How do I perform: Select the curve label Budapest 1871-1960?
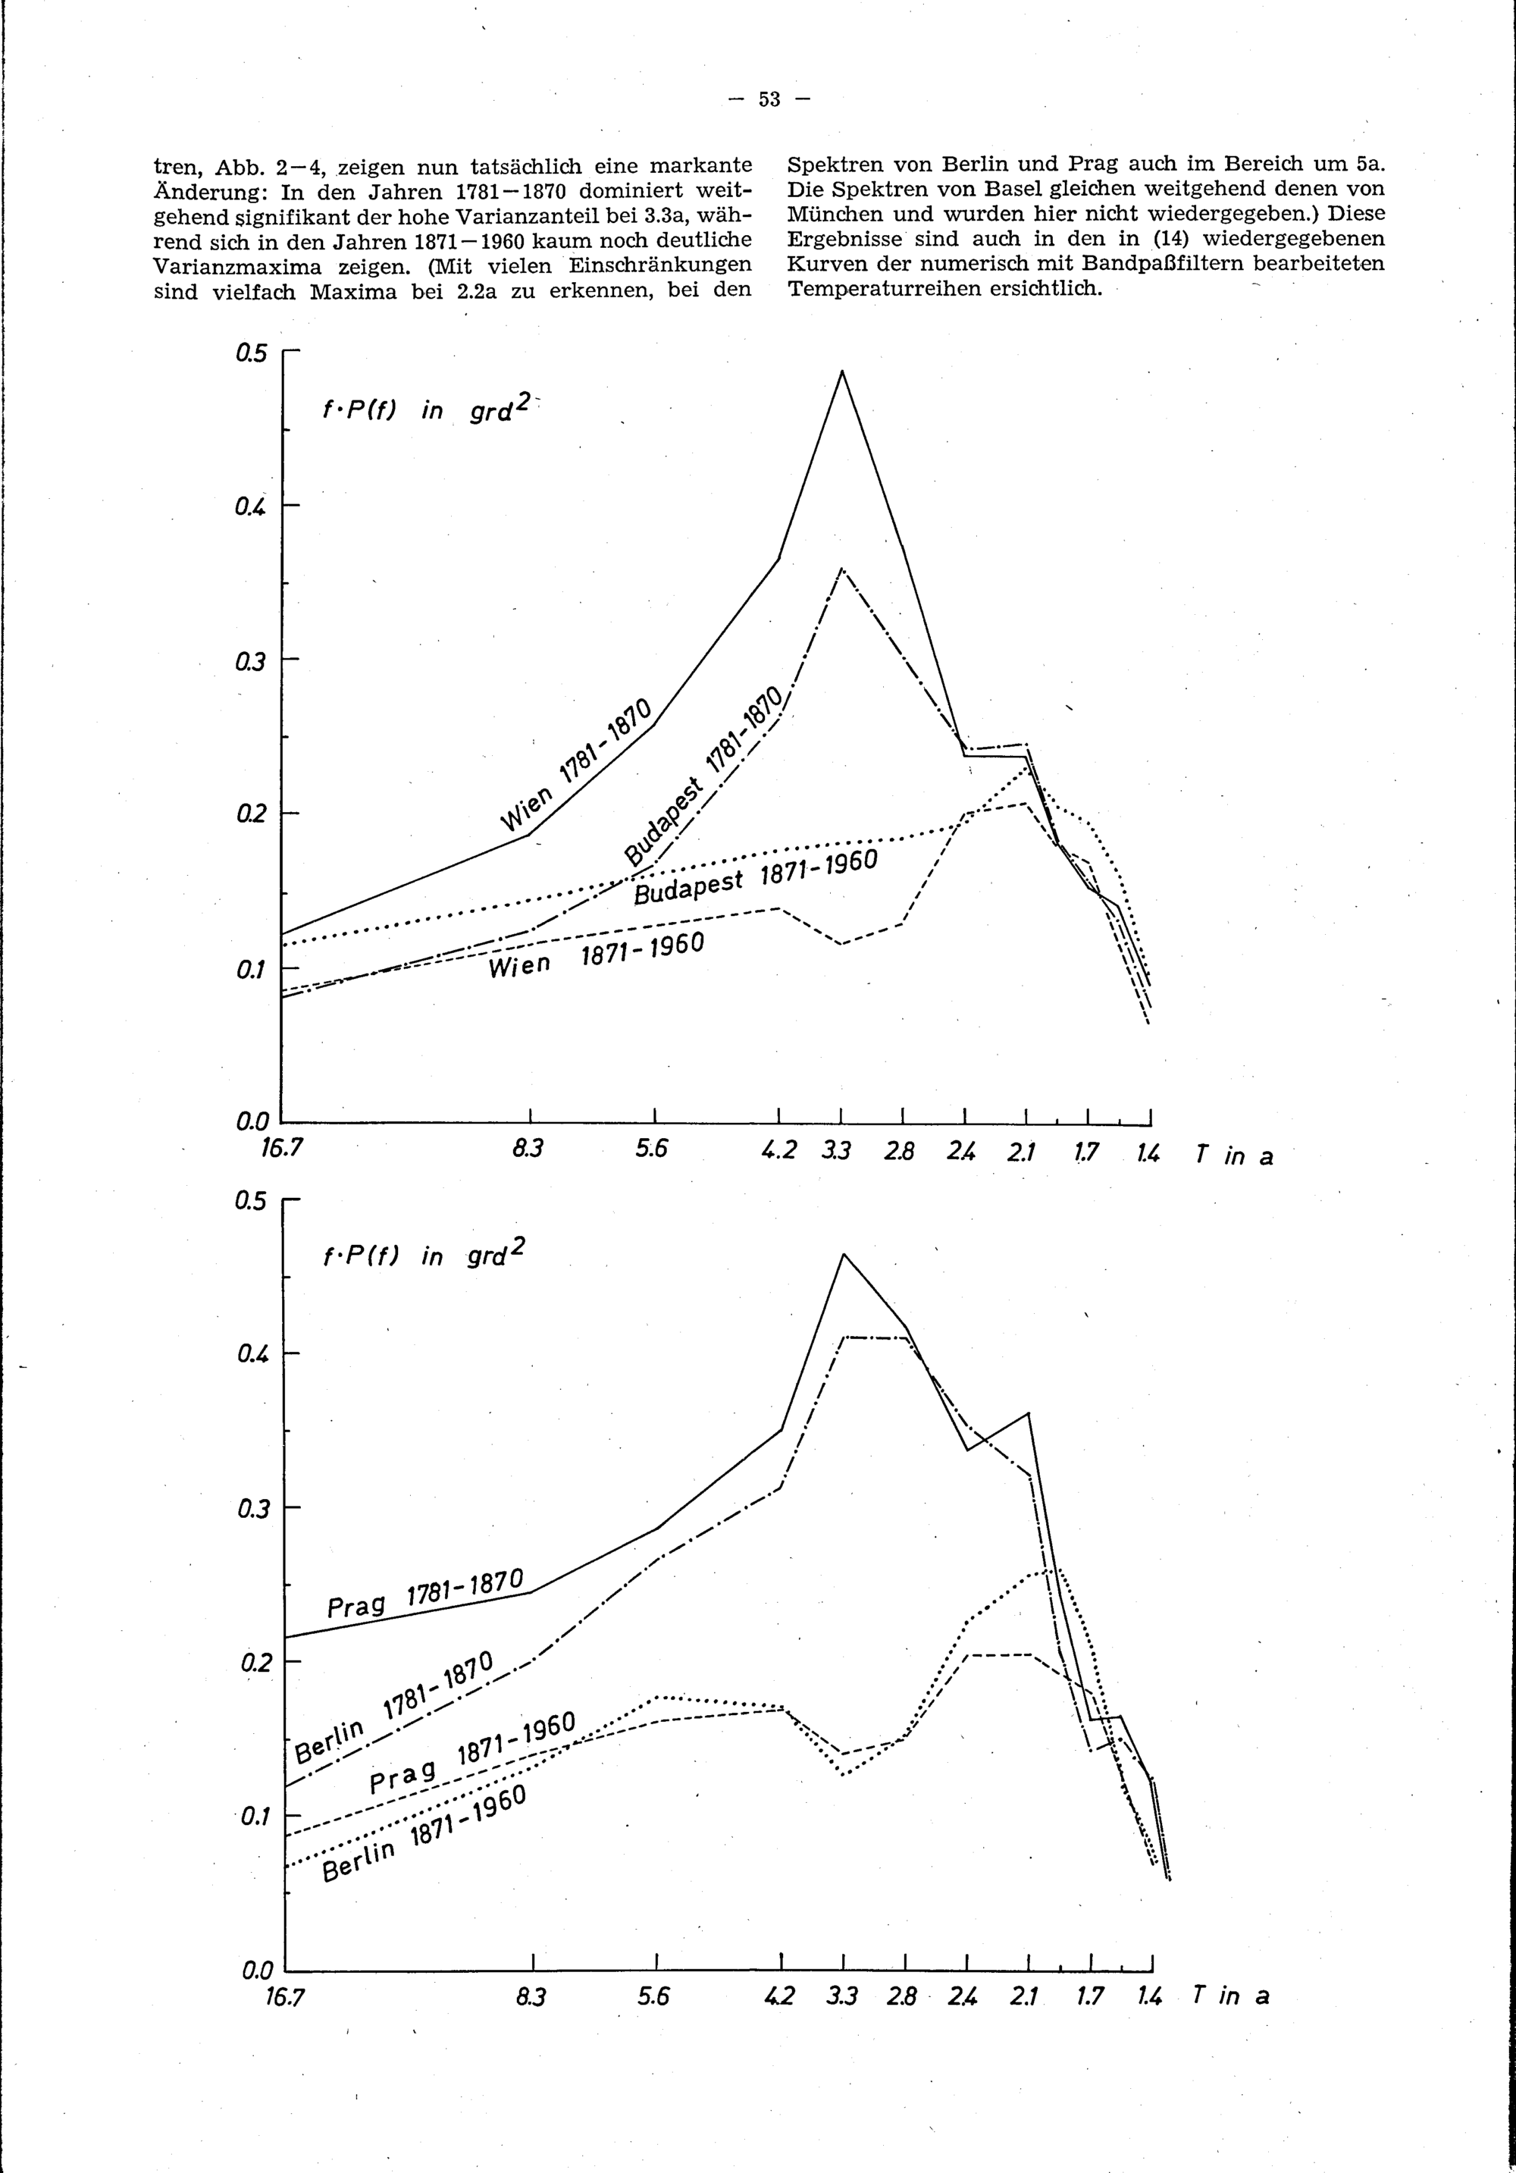[755, 876]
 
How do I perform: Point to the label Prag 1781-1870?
[424, 1593]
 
